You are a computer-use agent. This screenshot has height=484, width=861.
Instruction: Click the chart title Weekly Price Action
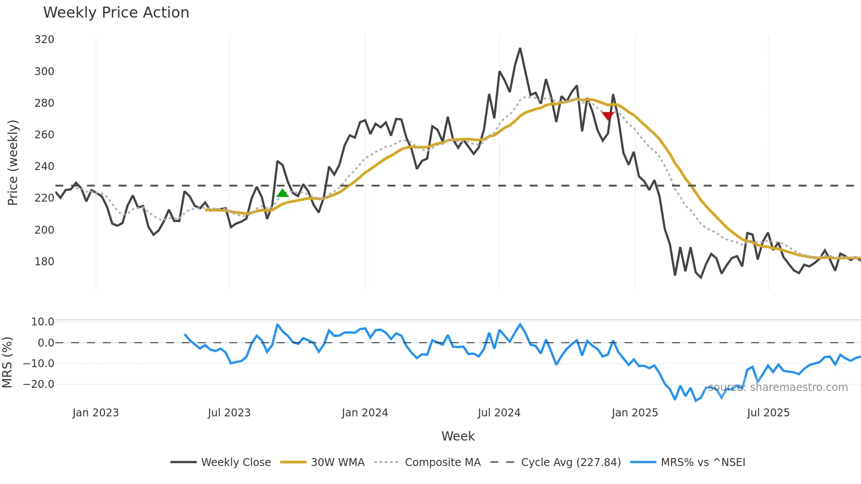(116, 13)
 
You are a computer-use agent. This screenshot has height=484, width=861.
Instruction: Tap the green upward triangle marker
(282, 193)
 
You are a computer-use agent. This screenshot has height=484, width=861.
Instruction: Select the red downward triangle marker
(608, 116)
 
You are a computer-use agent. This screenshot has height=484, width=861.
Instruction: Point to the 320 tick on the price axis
(44, 40)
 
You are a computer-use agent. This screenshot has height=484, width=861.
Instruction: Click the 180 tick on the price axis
(44, 261)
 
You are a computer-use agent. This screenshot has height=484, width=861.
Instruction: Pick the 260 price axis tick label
(44, 135)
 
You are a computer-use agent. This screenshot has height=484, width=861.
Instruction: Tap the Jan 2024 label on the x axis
(365, 413)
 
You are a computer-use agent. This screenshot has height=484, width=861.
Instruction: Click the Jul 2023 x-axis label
(229, 413)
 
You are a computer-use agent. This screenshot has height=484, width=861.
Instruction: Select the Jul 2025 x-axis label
(768, 413)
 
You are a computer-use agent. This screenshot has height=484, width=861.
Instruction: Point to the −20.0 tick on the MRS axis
(39, 384)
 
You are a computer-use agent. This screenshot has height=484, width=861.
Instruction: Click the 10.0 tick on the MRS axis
(43, 322)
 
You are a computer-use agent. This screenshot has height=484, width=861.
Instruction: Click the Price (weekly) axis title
(13, 163)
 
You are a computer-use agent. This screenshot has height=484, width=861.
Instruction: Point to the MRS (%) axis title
(7, 362)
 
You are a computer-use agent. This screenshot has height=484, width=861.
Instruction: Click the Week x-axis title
(458, 436)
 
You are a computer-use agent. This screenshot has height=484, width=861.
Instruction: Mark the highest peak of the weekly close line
(520, 49)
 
